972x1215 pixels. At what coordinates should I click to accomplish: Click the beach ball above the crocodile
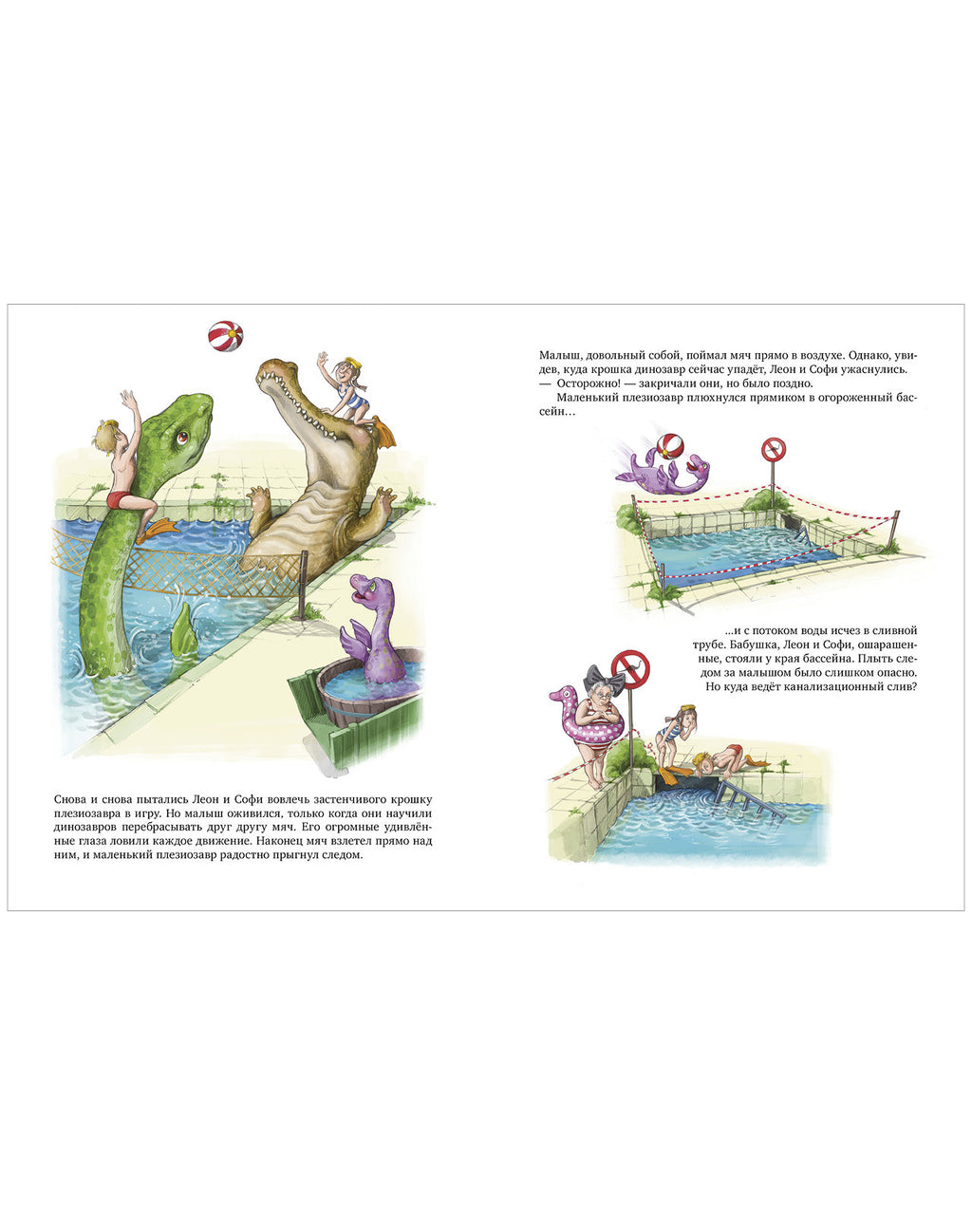[x=225, y=336]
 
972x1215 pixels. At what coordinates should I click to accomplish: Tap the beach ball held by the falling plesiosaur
[x=667, y=449]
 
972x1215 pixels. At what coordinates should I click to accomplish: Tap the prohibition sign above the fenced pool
[x=774, y=450]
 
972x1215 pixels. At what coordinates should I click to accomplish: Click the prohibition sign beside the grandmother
[x=631, y=668]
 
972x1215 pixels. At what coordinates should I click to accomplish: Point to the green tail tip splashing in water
[x=183, y=627]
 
